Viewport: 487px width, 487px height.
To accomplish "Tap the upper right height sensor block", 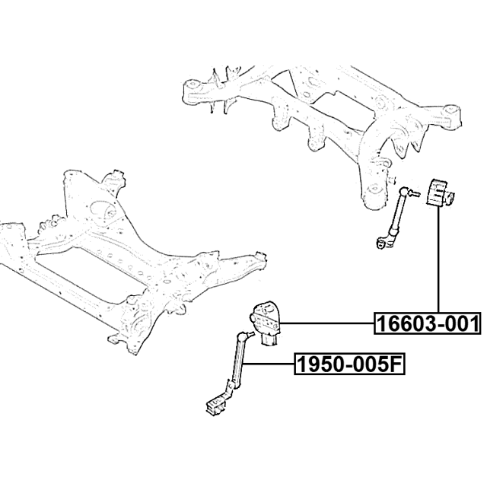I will click(x=438, y=193).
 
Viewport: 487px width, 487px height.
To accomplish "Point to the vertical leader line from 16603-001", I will click(x=438, y=263).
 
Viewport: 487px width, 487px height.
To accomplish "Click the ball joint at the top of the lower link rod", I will click(x=245, y=335).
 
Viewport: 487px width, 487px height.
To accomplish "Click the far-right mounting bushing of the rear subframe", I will click(x=453, y=114).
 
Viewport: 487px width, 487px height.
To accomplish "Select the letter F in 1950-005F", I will click(x=395, y=366).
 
